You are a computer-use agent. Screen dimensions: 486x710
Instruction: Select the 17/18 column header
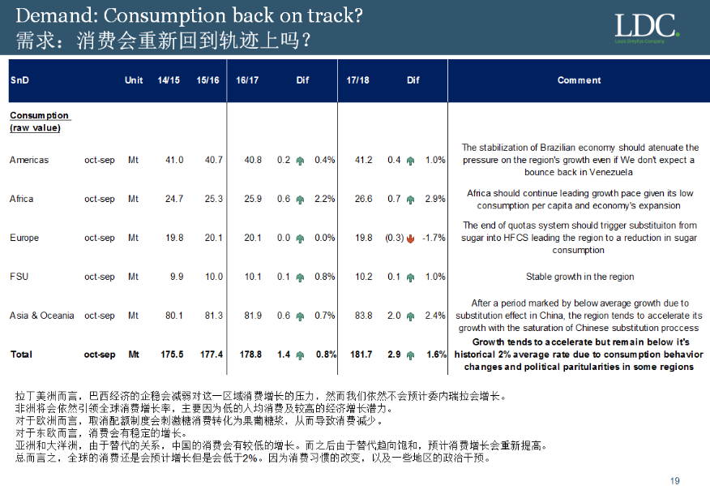pos(357,80)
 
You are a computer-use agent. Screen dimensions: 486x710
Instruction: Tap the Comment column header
pos(579,80)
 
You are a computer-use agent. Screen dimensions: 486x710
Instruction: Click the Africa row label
pos(23,199)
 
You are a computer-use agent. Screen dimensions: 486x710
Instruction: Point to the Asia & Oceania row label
pos(41,316)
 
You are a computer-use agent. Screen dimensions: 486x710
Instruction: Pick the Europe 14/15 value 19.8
pos(174,238)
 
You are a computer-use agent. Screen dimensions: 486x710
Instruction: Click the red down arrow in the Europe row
pos(412,239)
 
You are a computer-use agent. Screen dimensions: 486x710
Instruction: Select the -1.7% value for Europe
pos(434,238)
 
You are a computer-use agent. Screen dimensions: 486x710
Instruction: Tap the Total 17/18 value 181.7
pos(359,355)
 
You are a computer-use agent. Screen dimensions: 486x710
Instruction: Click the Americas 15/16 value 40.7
pos(213,160)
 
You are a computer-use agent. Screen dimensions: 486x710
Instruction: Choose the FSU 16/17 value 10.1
pos(253,277)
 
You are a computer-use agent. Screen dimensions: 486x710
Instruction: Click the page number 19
pos(674,480)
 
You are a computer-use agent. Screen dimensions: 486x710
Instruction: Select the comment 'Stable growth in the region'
pos(580,277)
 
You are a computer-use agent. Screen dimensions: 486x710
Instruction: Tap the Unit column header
pos(134,80)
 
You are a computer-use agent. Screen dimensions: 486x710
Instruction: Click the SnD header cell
pos(19,80)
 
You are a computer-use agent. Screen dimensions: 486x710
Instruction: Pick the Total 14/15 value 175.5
pos(173,355)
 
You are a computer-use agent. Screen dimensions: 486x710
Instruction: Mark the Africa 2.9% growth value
pos(436,199)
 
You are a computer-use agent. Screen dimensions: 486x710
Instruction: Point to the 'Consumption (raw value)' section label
pos(39,122)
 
